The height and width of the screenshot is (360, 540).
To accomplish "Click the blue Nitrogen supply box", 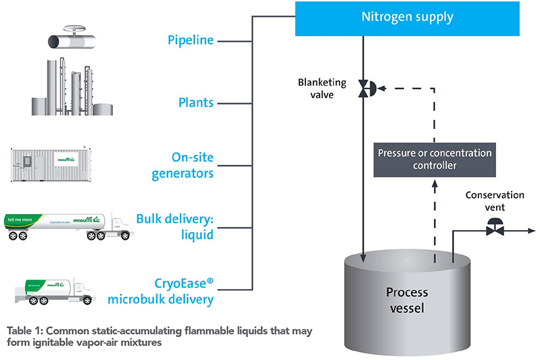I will click(x=408, y=18).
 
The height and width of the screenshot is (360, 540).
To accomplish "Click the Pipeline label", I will click(x=191, y=41).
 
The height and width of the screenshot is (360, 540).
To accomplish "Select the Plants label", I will click(x=195, y=103).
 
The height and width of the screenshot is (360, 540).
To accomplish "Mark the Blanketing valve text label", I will click(x=323, y=88).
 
